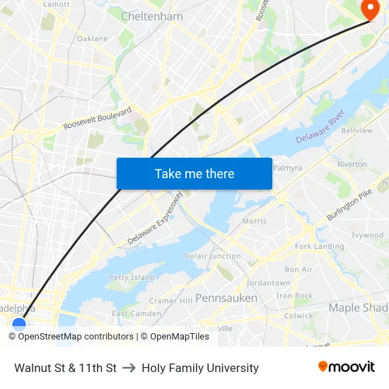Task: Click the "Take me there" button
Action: coord(194,173)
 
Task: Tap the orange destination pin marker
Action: coord(369,8)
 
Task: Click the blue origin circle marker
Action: coord(19,325)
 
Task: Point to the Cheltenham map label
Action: coord(152,16)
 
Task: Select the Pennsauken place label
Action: coord(226,298)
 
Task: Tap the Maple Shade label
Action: coord(358,308)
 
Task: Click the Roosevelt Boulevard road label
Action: coord(98,119)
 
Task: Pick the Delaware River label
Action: coord(320,127)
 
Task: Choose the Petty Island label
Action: coord(132,277)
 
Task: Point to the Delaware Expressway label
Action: coord(155,219)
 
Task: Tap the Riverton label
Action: coord(352,164)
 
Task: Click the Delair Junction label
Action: coord(212,255)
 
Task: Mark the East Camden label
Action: coord(137,313)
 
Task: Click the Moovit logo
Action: coord(347,367)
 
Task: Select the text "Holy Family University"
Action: coord(200,368)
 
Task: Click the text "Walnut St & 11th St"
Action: coord(65,368)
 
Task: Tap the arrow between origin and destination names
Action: coord(129,368)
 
